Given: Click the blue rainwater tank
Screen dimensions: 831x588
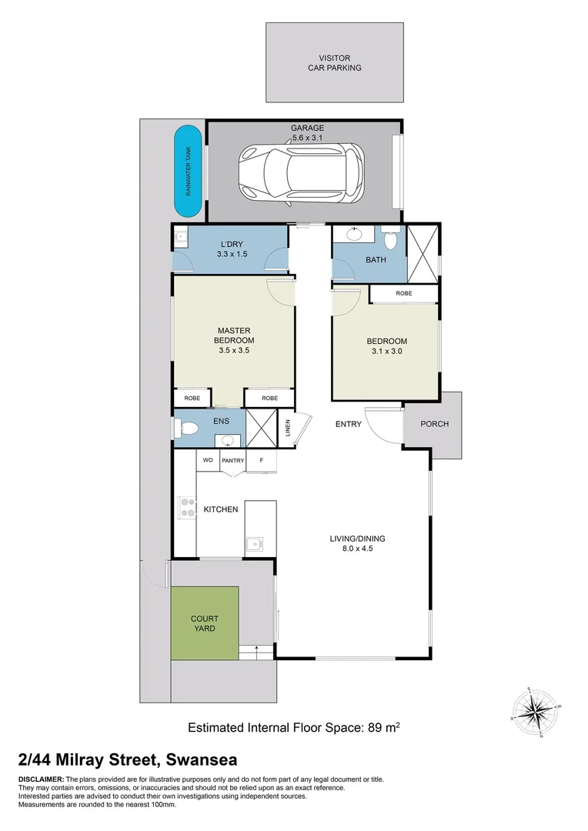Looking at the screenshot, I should click(188, 172).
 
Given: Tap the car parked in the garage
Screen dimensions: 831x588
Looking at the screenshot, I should click(302, 172).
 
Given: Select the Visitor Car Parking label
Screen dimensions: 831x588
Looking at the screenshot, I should click(335, 62).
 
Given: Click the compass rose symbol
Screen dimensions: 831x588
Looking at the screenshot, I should click(536, 712).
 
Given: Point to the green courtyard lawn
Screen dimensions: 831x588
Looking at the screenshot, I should click(205, 623).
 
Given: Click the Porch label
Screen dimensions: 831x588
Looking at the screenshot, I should click(434, 424).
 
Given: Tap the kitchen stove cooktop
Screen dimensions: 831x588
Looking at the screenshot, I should click(187, 508).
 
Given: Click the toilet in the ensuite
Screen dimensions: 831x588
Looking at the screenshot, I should click(189, 428).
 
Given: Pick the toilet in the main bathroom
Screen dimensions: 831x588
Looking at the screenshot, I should click(391, 240).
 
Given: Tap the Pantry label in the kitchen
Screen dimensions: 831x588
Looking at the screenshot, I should click(233, 461).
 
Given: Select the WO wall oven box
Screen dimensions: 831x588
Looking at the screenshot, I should click(208, 460).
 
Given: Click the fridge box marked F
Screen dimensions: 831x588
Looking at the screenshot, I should click(262, 460).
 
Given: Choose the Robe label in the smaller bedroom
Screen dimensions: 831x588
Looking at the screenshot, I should click(403, 294).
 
